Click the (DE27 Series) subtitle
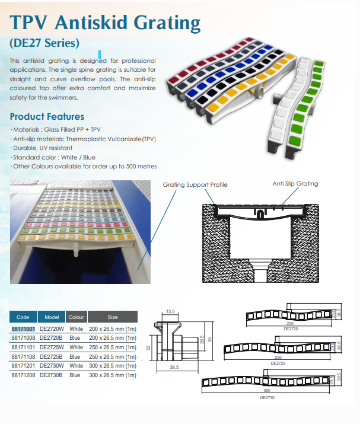(x=44, y=43)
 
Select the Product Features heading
(x=47, y=116)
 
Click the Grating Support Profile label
(x=195, y=185)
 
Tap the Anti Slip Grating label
(x=295, y=184)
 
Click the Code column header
(x=23, y=317)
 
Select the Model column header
(x=52, y=317)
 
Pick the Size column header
(x=112, y=317)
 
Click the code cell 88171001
(x=24, y=329)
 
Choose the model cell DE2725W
(x=52, y=348)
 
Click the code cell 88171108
(x=24, y=357)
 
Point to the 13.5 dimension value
(x=170, y=311)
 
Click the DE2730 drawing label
(x=267, y=397)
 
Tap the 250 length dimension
(x=278, y=357)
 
